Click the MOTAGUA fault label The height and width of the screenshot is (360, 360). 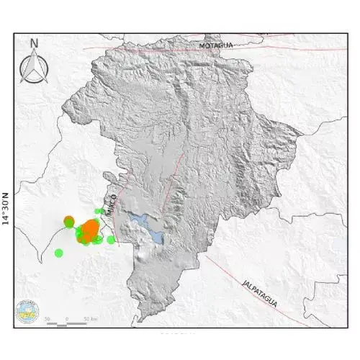point(217,45)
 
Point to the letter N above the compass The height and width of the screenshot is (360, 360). point(34,42)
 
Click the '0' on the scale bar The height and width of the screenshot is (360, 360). point(67,318)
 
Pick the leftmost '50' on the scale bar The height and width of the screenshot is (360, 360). point(48,318)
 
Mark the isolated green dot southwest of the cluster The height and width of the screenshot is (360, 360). point(59,253)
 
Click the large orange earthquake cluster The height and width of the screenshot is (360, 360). point(90,231)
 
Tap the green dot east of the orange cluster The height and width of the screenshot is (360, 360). point(111,240)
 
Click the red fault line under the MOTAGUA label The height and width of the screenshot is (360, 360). point(216,53)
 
